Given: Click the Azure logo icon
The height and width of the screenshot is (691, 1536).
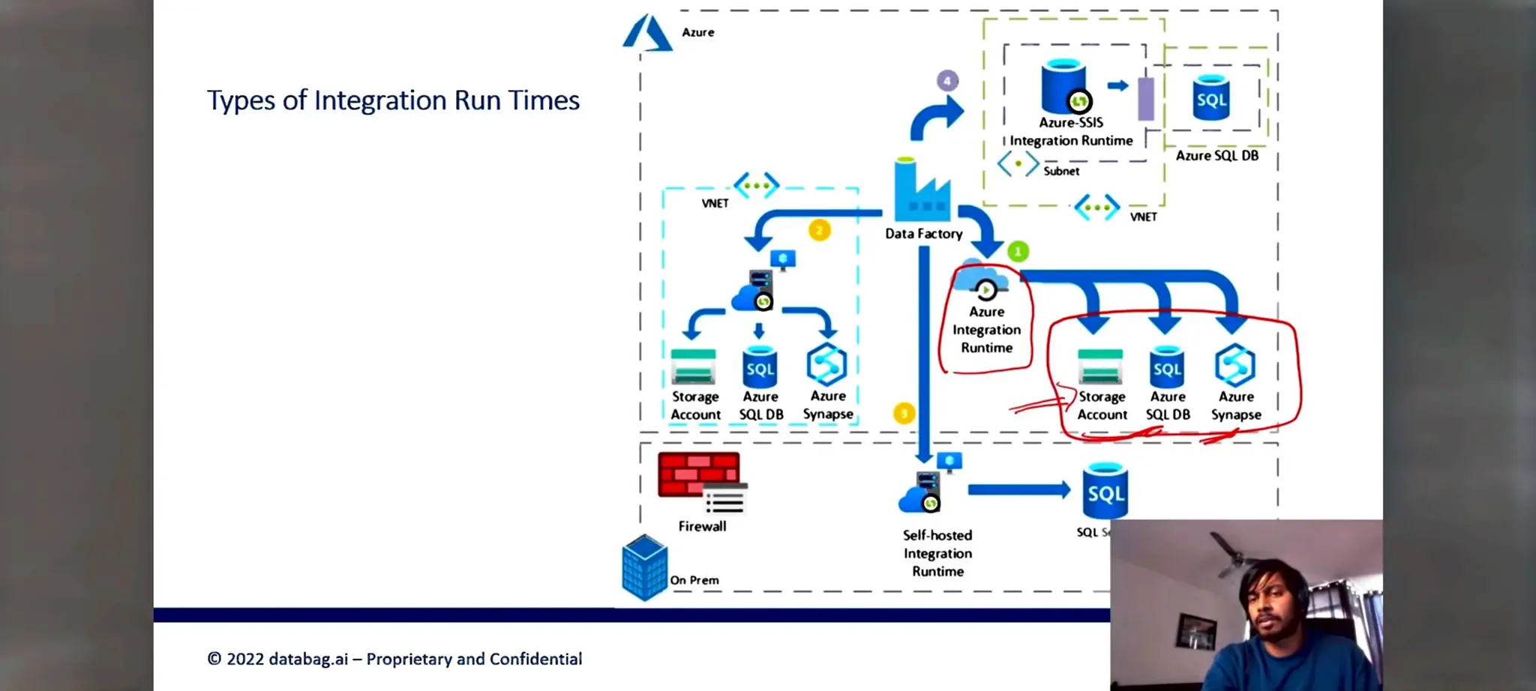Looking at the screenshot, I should [646, 34].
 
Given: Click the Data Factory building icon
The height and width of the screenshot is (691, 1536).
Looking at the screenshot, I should [922, 191].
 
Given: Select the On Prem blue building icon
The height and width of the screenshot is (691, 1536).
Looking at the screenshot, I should [644, 567].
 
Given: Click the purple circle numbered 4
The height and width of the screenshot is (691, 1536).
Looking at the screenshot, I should [947, 80].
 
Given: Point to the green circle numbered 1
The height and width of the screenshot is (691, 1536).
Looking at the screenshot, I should [1018, 251].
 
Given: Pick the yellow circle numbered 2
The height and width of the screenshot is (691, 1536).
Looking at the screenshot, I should [819, 230].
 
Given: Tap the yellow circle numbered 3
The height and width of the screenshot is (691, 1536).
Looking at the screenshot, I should [904, 413].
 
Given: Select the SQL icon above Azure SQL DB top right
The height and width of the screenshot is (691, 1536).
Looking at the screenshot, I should [1210, 98].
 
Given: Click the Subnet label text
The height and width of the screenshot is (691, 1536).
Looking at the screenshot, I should [1061, 171].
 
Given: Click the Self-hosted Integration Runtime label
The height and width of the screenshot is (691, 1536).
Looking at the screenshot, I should [937, 553].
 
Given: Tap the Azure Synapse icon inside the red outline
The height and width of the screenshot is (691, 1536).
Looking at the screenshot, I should [1234, 365].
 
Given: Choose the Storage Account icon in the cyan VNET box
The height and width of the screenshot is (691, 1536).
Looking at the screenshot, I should [693, 366].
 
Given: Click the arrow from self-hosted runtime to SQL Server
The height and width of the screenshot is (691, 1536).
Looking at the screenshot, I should [1018, 490].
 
